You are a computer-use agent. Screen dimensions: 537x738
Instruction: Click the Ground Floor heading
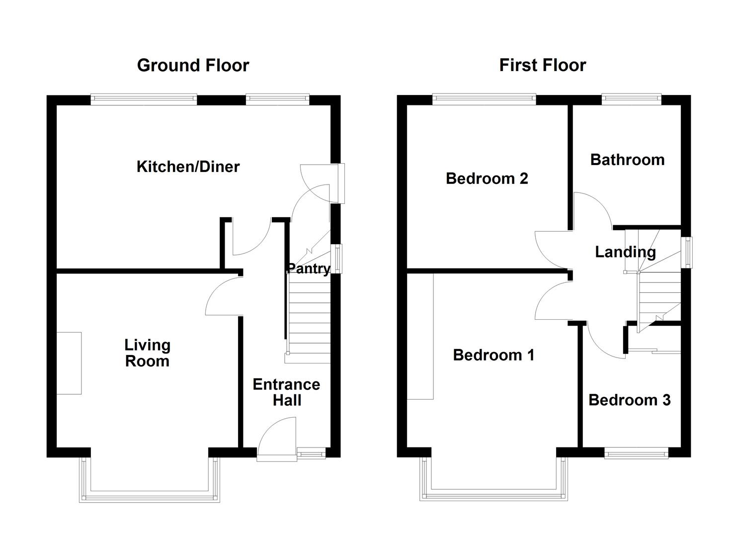pyautogui.click(x=193, y=65)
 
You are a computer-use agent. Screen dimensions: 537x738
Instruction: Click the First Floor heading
pyautogui.click(x=542, y=65)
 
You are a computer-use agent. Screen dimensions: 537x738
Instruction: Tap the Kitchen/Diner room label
pyautogui.click(x=188, y=167)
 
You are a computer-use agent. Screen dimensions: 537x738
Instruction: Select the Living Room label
pyautogui.click(x=147, y=353)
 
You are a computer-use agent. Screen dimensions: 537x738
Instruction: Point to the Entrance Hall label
pyautogui.click(x=286, y=392)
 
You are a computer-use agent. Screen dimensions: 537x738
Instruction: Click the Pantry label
pyautogui.click(x=308, y=268)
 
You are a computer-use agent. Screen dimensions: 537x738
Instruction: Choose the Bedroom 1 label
pyautogui.click(x=493, y=355)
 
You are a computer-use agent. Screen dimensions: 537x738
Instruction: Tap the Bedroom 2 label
pyautogui.click(x=487, y=178)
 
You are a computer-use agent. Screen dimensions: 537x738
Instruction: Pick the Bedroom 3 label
pyautogui.click(x=629, y=400)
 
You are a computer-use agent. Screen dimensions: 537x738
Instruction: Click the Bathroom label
pyautogui.click(x=627, y=160)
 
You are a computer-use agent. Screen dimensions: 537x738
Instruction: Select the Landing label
pyautogui.click(x=625, y=252)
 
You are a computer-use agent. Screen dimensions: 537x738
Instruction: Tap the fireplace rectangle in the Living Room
pyautogui.click(x=69, y=363)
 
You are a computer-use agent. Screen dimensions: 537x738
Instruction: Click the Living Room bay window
pyautogui.click(x=149, y=495)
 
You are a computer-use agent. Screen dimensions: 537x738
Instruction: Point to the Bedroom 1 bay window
pyautogui.click(x=493, y=495)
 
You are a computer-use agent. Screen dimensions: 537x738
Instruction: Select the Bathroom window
pyautogui.click(x=631, y=99)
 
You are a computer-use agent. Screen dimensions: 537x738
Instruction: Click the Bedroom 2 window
pyautogui.click(x=484, y=99)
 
